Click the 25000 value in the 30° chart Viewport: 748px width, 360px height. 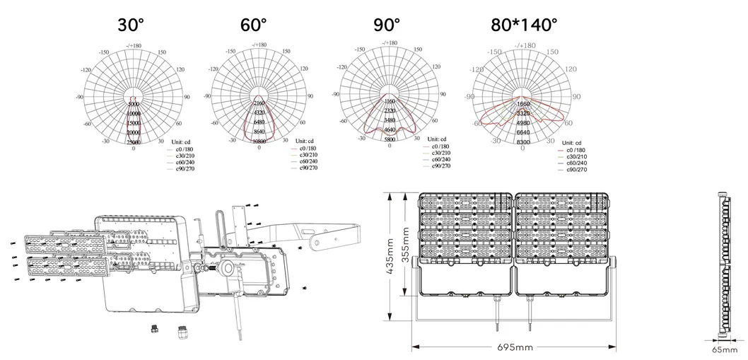134,143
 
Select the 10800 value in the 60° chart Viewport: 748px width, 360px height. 259,141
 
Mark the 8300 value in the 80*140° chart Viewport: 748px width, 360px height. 523,142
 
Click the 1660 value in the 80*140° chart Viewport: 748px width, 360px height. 523,104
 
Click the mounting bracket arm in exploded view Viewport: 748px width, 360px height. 311,233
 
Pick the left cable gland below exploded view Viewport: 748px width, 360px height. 153,328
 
